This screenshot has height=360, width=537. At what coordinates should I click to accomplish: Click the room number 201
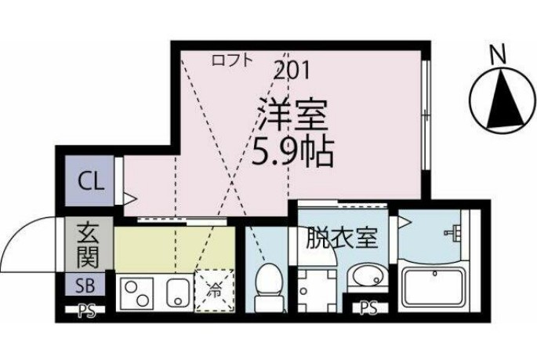point(292,71)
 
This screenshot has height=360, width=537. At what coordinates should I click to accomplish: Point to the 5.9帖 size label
point(292,151)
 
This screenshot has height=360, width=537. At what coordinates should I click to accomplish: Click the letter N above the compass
point(495,54)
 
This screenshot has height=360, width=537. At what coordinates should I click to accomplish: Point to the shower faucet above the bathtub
point(453,233)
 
